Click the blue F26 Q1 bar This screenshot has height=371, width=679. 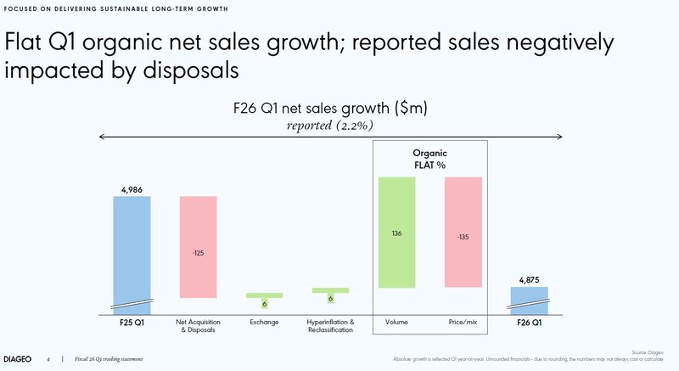[x=529, y=299]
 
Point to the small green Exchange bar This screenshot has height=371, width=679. [x=264, y=295]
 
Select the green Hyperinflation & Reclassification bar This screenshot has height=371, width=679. [x=330, y=290]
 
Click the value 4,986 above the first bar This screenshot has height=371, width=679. [x=132, y=188]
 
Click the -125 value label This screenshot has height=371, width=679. [x=198, y=252]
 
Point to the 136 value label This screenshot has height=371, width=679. [x=397, y=233]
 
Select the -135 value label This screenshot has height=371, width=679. [x=463, y=237]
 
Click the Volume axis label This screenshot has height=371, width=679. [x=397, y=323]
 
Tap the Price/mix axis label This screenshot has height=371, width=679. [x=463, y=323]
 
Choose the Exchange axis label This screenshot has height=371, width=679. [x=264, y=323]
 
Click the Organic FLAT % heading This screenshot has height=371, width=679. [x=429, y=159]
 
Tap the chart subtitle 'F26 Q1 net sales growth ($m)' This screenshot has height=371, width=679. [x=330, y=108]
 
